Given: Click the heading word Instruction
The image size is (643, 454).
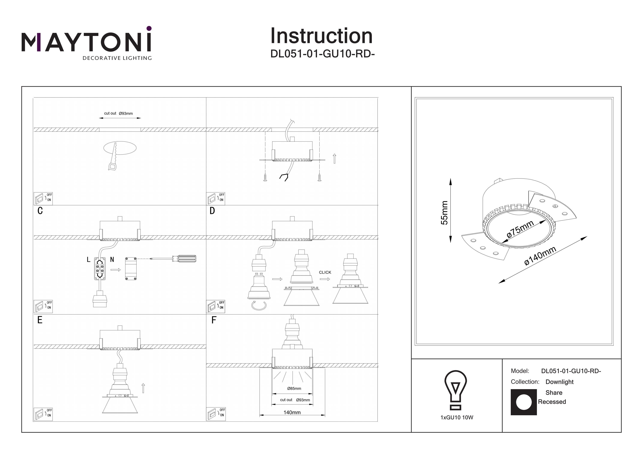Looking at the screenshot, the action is [x=321, y=36].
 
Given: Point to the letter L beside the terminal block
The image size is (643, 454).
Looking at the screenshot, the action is [x=89, y=260].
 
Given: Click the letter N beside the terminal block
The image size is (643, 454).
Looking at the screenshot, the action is [x=112, y=260].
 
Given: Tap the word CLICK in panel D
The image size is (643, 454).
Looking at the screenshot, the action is [x=325, y=272].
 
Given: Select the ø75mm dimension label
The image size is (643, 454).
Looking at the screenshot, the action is [x=520, y=229].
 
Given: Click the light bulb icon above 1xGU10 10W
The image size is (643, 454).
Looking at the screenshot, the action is [x=456, y=390].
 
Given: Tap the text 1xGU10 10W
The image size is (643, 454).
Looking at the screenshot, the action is [x=457, y=418].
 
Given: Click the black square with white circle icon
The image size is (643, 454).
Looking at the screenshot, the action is [x=524, y=402].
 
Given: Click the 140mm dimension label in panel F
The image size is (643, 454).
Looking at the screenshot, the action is [x=292, y=412].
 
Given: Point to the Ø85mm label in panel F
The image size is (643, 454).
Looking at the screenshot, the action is [x=294, y=388].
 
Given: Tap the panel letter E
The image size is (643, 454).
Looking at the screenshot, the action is [x=40, y=320].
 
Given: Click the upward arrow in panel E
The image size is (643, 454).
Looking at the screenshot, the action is [x=143, y=388].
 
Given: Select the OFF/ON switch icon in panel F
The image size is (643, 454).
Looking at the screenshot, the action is [x=216, y=414].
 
